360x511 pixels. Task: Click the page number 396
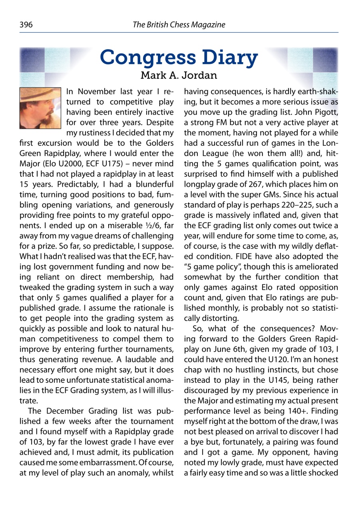[26, 25]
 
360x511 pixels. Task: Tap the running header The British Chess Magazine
[179, 25]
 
